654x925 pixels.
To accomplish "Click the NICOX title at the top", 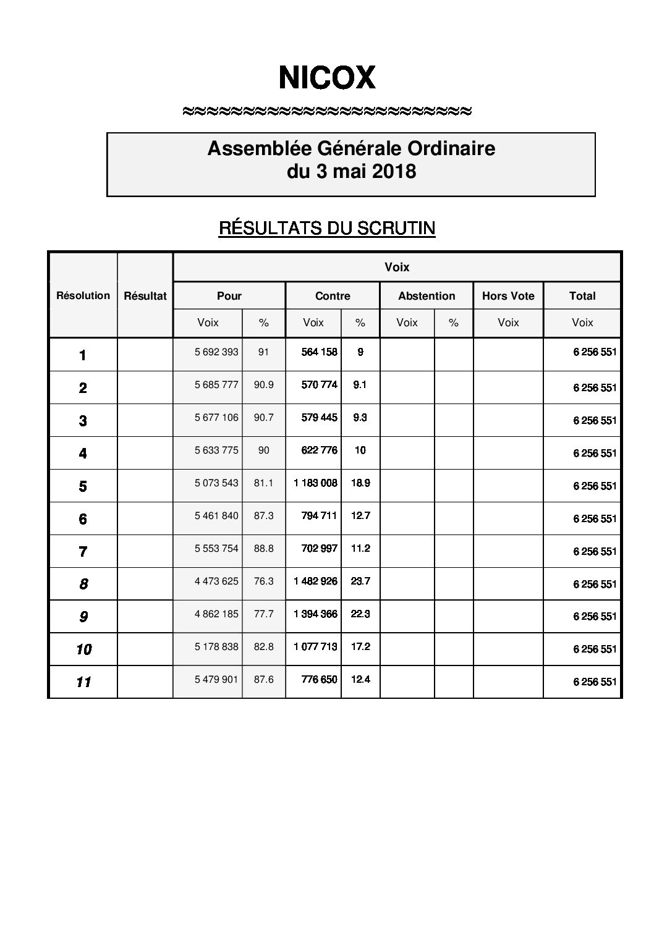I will click(x=327, y=78).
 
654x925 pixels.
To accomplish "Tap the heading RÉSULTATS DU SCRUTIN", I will click(x=327, y=228).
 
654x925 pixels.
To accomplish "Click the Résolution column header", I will click(x=83, y=295).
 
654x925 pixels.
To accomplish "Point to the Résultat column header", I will click(x=145, y=296).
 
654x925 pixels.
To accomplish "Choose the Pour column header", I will click(x=229, y=296).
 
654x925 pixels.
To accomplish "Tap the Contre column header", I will click(x=333, y=296).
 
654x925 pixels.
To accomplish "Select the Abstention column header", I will click(x=427, y=296).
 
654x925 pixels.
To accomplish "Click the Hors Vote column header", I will click(x=508, y=296).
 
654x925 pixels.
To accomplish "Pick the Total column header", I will click(x=582, y=296).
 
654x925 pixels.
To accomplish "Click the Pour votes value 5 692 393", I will click(x=216, y=352).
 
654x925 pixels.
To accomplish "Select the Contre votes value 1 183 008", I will click(x=316, y=483).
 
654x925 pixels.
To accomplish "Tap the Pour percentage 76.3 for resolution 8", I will click(x=263, y=581).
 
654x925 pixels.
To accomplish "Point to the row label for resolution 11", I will click(x=83, y=682).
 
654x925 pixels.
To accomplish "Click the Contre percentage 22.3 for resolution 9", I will click(x=360, y=614).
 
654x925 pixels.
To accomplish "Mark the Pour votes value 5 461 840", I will click(x=216, y=515).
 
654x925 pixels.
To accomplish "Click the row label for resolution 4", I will click(x=83, y=454).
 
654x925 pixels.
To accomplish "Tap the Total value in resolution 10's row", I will click(x=595, y=649).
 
